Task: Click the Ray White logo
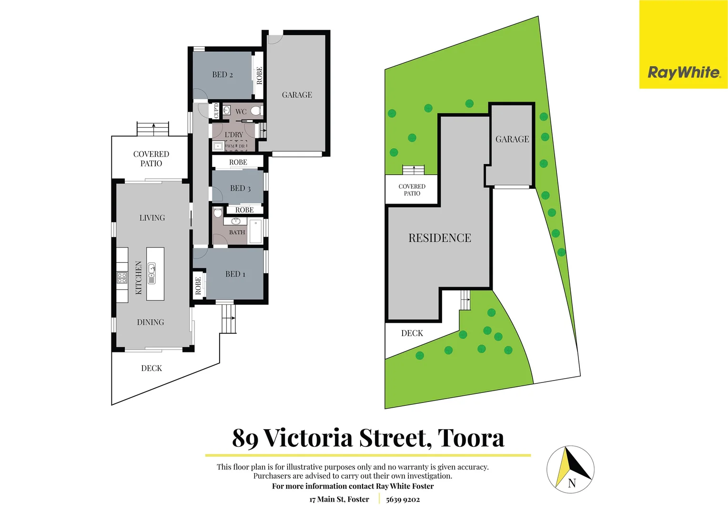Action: [683, 72]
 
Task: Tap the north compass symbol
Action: [570, 469]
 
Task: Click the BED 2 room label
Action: [222, 75]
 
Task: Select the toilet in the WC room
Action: [256, 111]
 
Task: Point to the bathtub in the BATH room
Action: [255, 231]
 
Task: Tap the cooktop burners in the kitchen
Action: [122, 278]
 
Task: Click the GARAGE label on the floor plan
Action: [297, 95]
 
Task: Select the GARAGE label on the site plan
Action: [512, 139]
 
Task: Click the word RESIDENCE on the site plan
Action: [439, 238]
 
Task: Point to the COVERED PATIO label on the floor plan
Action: [151, 159]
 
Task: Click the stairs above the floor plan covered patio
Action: [153, 129]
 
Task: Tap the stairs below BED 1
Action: [229, 318]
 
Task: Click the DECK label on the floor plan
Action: [152, 368]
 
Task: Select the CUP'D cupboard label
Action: [216, 111]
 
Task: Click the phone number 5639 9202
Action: [403, 499]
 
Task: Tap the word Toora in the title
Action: [471, 438]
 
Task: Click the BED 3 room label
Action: [240, 188]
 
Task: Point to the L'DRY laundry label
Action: [233, 134]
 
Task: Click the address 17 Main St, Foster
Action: [339, 499]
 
